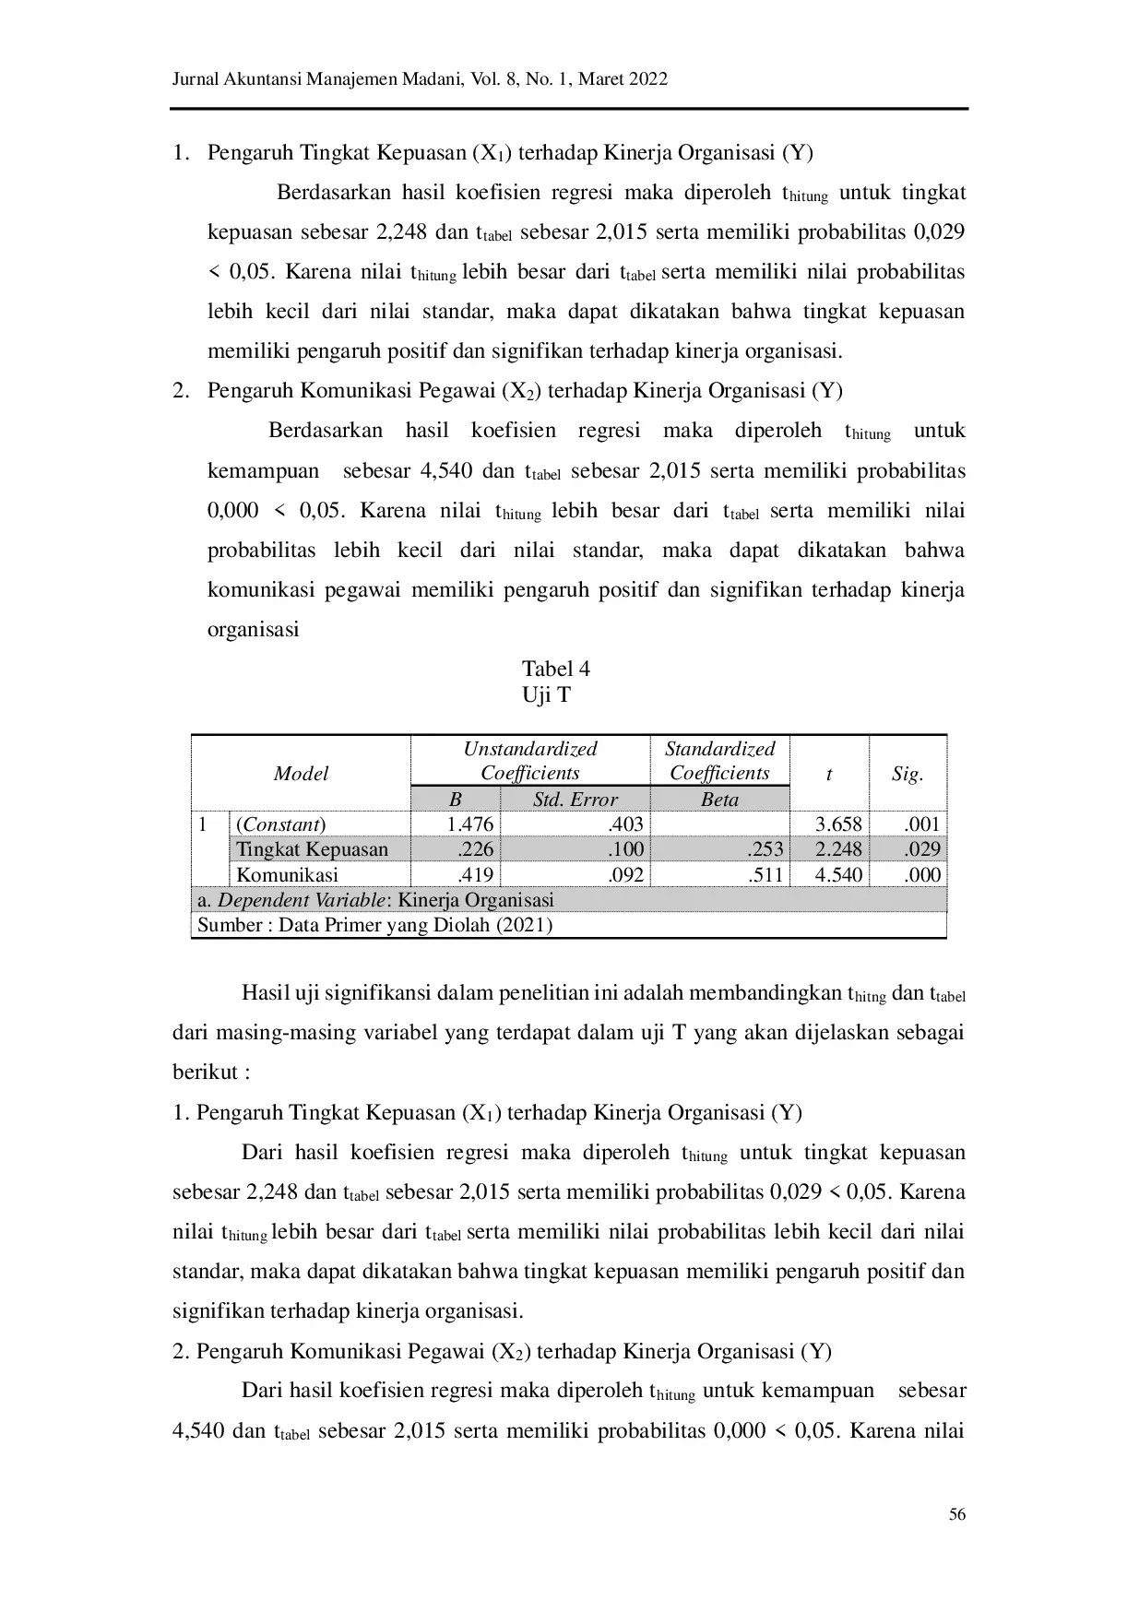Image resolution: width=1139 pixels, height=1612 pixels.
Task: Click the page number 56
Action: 956,1514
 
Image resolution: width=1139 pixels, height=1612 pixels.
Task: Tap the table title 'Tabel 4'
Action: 555,669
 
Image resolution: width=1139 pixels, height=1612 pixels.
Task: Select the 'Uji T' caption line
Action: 546,694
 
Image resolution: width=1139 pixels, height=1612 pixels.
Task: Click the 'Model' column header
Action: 301,774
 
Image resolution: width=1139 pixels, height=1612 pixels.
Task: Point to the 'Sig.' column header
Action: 907,774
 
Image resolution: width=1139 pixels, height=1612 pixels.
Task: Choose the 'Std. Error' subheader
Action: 575,800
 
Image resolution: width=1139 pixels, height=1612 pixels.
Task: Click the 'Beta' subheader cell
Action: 719,800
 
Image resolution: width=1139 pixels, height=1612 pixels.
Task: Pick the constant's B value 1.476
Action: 470,824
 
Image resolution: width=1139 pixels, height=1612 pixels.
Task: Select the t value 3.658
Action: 838,824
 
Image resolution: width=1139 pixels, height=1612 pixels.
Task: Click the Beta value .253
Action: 766,849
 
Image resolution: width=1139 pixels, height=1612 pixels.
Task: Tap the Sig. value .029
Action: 921,849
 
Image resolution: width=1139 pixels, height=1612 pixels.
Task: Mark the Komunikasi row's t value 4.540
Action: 838,874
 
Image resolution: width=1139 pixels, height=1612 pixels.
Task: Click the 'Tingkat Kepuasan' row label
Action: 312,849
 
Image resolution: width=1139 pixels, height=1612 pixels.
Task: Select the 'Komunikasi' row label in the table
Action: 287,874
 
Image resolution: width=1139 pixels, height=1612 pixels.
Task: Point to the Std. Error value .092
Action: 626,874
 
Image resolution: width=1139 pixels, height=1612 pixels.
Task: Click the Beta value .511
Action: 766,874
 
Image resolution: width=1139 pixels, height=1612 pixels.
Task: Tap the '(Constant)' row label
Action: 281,824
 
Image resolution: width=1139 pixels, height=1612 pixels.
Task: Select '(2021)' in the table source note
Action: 524,925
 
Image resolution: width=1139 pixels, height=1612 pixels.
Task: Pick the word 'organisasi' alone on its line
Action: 253,630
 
